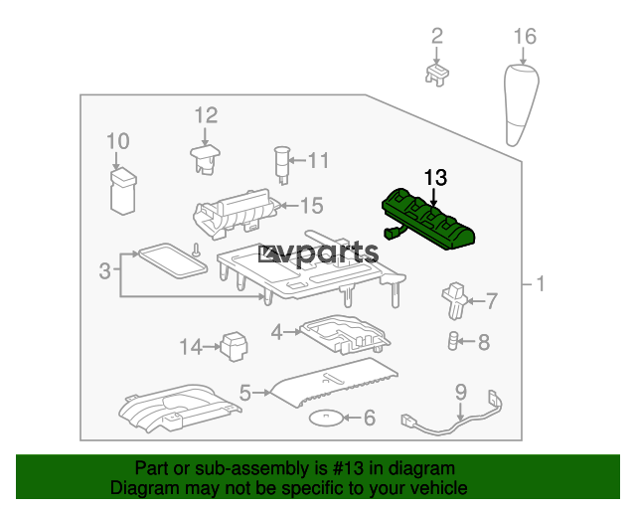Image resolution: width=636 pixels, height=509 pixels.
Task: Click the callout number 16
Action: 525,37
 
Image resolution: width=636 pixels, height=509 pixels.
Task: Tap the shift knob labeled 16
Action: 521,104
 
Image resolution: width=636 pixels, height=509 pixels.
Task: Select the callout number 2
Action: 437,36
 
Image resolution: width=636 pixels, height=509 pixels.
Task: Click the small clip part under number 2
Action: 437,75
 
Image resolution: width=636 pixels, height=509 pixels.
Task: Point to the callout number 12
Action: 206,115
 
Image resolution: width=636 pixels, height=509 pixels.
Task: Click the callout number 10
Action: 118,141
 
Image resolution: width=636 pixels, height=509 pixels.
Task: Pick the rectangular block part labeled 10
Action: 123,191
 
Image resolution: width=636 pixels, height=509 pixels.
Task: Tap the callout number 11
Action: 318,160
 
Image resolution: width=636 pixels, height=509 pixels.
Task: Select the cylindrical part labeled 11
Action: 282,165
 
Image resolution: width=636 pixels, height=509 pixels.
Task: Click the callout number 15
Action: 311,206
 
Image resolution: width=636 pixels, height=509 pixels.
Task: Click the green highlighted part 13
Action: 428,219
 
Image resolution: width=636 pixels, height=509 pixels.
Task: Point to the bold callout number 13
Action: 435,178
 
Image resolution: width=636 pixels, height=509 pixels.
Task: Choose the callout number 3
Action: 105,270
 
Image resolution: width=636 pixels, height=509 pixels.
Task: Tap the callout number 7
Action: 492,301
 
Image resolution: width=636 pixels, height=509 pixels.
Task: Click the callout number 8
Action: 484,342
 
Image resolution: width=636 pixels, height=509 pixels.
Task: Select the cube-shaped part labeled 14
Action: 234,346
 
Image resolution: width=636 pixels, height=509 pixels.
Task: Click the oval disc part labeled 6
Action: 326,418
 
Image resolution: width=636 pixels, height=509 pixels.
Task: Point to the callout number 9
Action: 461,392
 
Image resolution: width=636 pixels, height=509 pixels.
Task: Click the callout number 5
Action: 245,393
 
